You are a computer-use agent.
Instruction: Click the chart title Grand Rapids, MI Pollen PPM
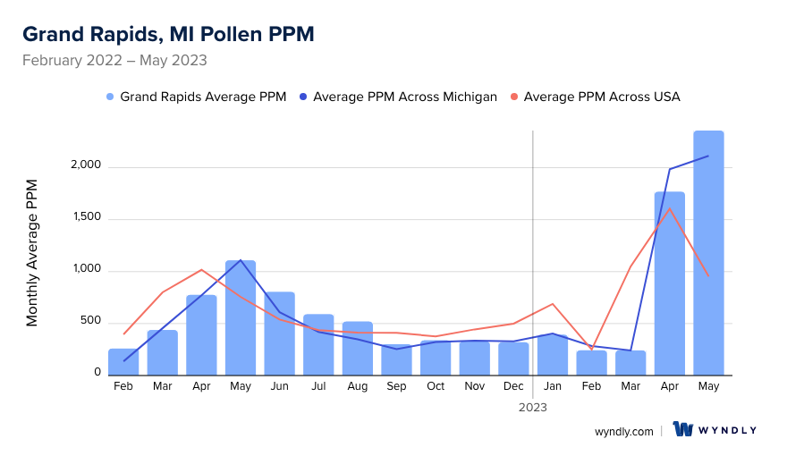(168, 34)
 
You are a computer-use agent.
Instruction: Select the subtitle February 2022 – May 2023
(114, 61)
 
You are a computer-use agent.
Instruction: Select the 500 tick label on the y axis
(90, 323)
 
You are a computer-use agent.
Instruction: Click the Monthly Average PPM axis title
(32, 252)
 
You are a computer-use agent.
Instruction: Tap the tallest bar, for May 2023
(708, 253)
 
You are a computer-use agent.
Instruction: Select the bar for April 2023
(669, 283)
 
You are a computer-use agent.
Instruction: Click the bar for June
(279, 333)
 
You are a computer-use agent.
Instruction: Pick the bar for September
(396, 359)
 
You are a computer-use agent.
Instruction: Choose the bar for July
(318, 344)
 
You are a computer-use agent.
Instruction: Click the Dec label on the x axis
(513, 386)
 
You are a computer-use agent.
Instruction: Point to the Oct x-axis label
(436, 386)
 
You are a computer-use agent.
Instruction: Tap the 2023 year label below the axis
(532, 407)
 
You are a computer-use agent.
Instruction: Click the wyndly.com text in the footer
(624, 431)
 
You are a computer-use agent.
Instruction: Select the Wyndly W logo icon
(683, 430)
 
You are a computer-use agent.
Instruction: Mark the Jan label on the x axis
(553, 386)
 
